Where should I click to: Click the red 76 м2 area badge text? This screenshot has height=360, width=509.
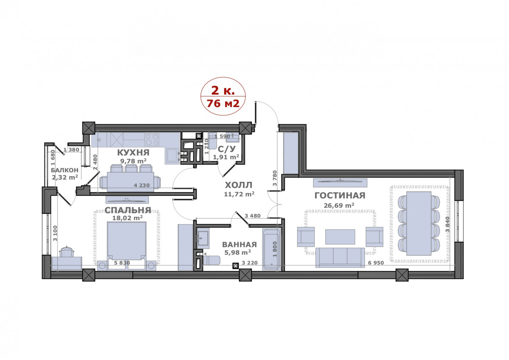click(223, 103)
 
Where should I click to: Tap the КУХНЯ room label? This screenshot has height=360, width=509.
click(133, 152)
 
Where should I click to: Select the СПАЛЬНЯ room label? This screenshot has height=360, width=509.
click(128, 210)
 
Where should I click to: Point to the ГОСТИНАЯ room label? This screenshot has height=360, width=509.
click(340, 195)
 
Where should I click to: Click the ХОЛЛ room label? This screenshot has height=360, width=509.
click(238, 185)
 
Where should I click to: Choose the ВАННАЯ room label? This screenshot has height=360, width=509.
click(240, 245)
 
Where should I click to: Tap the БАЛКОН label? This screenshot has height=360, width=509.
click(64, 170)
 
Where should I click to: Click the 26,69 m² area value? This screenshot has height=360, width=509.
click(339, 205)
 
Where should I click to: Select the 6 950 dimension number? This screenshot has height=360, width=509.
click(376, 263)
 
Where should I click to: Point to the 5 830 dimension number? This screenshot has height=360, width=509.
click(122, 263)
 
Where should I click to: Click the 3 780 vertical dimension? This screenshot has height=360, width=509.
click(275, 178)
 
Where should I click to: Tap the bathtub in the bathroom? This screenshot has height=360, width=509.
click(271, 249)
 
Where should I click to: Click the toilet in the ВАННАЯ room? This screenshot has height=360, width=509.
click(211, 260)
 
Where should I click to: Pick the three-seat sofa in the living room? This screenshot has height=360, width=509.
click(340, 257)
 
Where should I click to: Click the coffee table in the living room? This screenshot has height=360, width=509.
click(340, 237)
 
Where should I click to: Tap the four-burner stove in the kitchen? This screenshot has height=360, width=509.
click(152, 139)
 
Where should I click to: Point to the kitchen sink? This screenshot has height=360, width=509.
click(173, 156)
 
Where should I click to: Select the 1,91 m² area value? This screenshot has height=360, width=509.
click(226, 157)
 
